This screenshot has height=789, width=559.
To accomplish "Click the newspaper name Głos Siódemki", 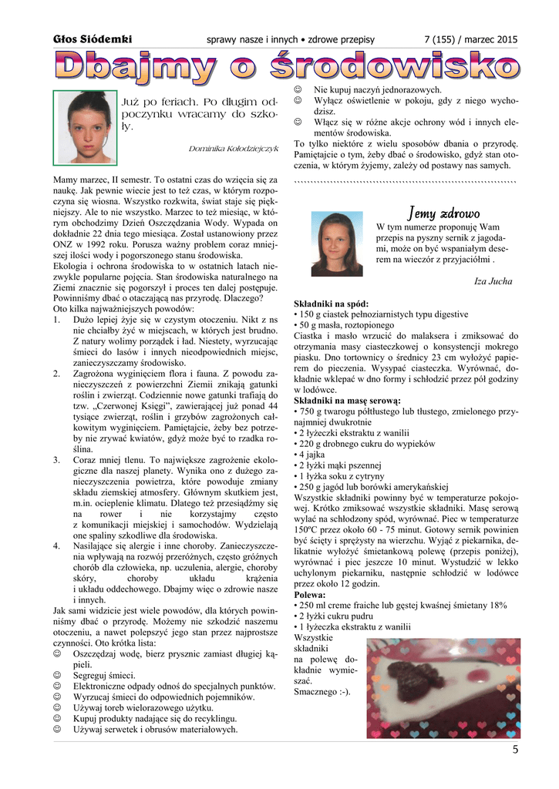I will coord(93,39).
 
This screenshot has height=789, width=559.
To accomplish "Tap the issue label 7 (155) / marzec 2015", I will coord(470,39).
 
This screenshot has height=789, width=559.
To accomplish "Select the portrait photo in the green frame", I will coord(84,127).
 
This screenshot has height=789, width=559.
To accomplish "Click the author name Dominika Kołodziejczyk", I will coord(233,148).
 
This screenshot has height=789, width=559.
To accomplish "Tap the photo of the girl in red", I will coord(337,243).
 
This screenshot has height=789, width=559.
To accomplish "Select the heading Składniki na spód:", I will coord(332,304).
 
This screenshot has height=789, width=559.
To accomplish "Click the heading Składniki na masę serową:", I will coord(347,401).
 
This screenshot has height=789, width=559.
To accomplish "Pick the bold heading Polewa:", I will coord(310,595).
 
